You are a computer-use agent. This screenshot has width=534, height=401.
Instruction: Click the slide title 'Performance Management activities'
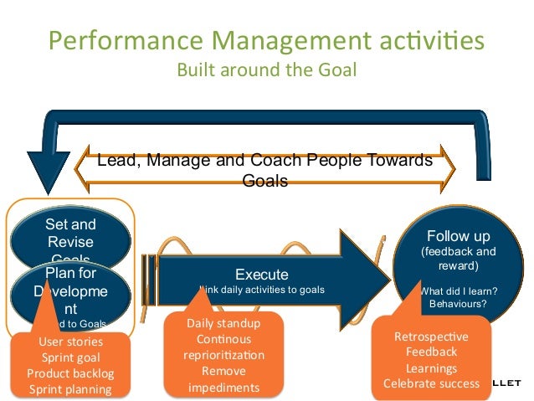266,40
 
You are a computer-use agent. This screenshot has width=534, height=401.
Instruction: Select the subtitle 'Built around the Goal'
266,69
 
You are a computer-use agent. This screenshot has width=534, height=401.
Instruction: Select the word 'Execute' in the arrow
261,275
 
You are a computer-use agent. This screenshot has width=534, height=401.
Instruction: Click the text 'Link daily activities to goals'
261,290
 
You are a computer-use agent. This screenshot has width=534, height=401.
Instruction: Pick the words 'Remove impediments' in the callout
223,379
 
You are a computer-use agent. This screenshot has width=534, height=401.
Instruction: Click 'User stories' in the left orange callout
71,342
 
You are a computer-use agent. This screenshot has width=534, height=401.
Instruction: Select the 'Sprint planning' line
71,389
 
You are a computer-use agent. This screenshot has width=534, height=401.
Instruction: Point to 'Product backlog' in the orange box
71,373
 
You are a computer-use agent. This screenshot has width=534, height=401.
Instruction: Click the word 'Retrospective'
431,337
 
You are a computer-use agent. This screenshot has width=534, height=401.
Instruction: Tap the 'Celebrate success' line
431,384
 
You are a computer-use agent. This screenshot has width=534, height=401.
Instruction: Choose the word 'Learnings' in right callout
431,368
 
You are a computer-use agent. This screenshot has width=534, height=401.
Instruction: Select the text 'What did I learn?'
458,291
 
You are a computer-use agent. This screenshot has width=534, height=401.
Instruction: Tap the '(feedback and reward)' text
458,258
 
